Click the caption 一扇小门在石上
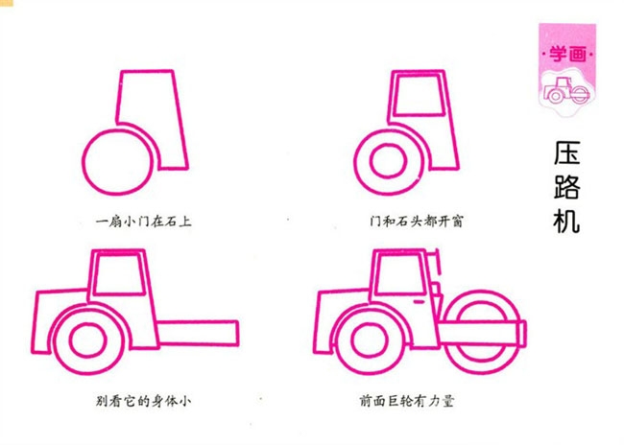(x=146, y=221)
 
